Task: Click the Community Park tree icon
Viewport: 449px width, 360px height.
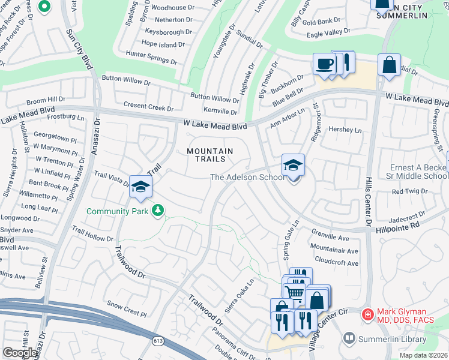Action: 158,211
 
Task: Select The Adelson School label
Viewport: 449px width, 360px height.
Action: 246,177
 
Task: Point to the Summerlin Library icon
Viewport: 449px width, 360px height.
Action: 349,339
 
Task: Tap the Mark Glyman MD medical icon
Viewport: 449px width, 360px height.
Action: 367,314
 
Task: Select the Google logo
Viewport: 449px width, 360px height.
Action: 20,353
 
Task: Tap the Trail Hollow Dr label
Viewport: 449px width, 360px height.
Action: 92,234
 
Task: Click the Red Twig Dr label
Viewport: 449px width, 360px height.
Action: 409,191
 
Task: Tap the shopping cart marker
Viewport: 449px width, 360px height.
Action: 293,293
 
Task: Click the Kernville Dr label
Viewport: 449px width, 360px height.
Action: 220,112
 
